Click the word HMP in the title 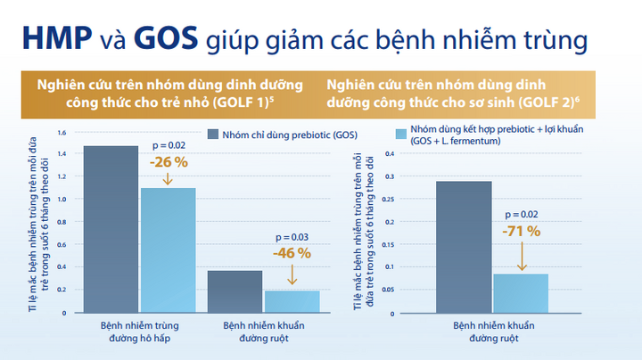tap(57, 38)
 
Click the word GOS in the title tap(166, 38)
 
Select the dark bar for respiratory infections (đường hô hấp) tap(111, 230)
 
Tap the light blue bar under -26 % tap(169, 250)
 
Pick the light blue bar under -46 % tap(292, 302)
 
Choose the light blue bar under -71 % tap(521, 293)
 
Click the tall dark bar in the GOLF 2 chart tap(464, 247)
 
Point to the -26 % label tap(169, 162)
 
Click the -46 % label tap(292, 253)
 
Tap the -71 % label tap(522, 232)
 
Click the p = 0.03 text tap(292, 237)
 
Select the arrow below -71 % tap(522, 256)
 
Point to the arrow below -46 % tap(292, 274)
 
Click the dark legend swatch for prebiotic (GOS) tap(213, 135)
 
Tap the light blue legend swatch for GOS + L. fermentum tap(401, 135)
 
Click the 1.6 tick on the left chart tap(62, 133)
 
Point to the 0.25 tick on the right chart tap(388, 200)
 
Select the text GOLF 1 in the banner tap(242, 102)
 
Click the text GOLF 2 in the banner tap(547, 102)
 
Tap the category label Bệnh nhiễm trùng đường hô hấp tap(140, 331)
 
